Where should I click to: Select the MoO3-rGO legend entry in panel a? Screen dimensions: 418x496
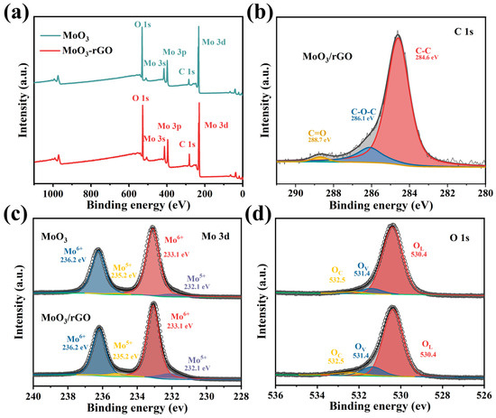pyautogui.click(x=90, y=46)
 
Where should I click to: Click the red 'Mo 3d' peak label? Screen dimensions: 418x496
pyautogui.click(x=222, y=125)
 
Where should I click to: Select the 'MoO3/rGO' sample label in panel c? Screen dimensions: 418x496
pyautogui.click(x=69, y=318)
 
